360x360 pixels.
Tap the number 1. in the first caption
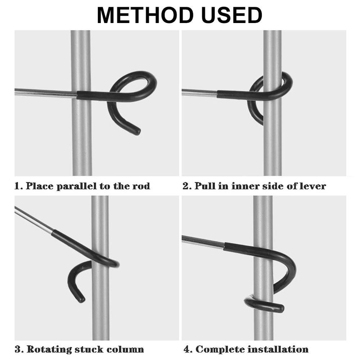(18, 186)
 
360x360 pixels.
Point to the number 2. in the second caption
(187, 186)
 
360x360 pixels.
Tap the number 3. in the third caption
(19, 349)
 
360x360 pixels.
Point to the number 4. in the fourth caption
(187, 349)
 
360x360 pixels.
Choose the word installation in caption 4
(277, 349)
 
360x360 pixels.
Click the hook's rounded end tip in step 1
(136, 131)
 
